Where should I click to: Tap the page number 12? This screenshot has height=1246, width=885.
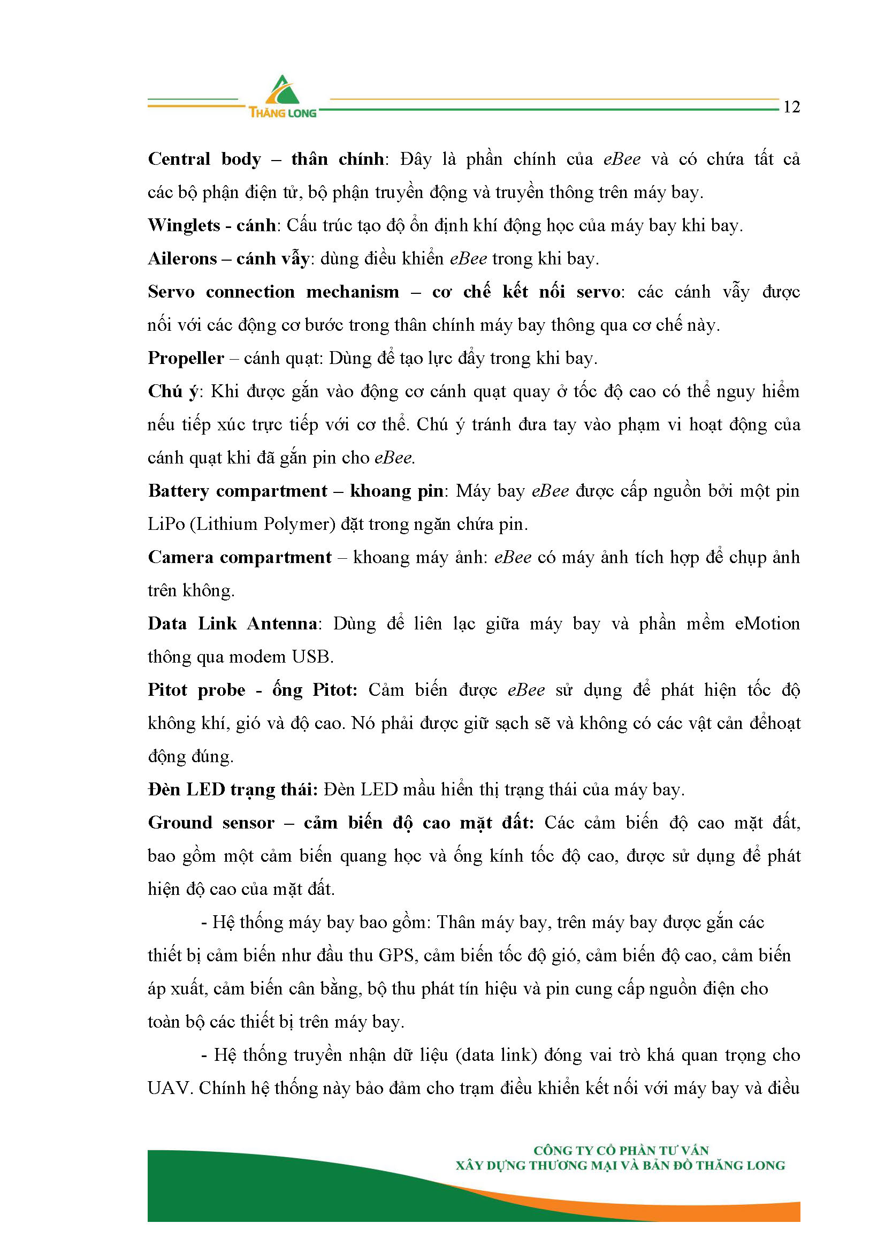791,108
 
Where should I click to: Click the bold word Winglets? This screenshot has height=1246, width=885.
184,226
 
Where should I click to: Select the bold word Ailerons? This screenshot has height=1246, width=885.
182,259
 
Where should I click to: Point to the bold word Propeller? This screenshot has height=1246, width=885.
186,358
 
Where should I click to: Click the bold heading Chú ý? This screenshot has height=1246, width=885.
173,391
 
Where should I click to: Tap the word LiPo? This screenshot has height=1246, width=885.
166,525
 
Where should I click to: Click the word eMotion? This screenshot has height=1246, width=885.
767,624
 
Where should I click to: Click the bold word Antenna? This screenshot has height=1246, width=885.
282,624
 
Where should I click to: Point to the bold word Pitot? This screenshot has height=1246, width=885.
334,690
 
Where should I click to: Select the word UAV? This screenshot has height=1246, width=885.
169,1088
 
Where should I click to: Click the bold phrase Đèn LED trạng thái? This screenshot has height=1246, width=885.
233,790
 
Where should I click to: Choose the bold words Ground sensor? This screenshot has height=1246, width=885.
211,823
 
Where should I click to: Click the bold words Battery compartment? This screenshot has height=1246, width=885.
237,491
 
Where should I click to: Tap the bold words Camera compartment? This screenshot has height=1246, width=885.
240,557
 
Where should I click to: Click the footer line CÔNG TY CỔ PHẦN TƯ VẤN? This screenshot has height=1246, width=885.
621,1151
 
